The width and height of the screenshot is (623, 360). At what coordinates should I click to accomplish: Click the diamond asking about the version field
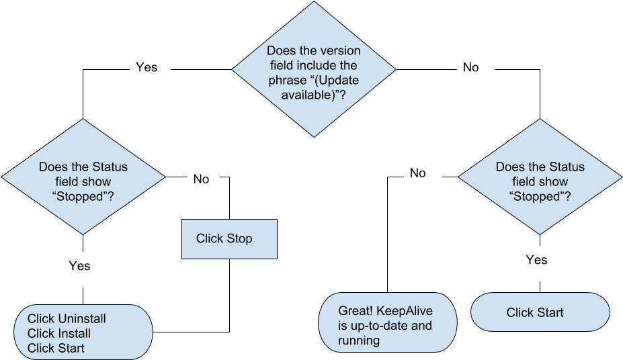(x=314, y=69)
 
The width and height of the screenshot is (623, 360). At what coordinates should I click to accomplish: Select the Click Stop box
(x=229, y=238)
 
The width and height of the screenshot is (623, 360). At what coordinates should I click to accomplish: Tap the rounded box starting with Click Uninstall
(x=83, y=332)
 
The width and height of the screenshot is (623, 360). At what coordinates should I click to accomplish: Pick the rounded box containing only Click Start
(x=540, y=312)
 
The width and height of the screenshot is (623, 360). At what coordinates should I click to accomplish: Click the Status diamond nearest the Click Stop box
(x=83, y=177)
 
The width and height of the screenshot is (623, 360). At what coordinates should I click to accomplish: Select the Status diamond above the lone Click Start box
(x=540, y=177)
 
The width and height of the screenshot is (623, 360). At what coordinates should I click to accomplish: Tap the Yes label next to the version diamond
(x=147, y=67)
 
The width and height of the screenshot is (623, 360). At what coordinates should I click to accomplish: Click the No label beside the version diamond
(x=471, y=67)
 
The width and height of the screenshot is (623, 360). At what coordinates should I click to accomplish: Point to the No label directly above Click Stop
(x=201, y=179)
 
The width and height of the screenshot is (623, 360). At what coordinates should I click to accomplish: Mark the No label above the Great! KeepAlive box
(x=418, y=173)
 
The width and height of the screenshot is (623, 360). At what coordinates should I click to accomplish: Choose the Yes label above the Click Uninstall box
(x=79, y=266)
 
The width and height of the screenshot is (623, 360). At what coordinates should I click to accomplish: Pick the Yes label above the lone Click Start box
(x=536, y=260)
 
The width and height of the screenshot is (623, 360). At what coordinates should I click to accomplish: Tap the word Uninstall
(x=82, y=318)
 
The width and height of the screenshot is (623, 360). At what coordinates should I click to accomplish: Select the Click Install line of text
(x=59, y=333)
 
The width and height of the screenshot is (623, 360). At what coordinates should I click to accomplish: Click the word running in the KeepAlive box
(x=359, y=341)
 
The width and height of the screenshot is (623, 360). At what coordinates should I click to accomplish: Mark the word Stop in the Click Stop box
(x=239, y=238)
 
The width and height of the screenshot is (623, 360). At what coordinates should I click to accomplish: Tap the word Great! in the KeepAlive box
(x=355, y=311)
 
